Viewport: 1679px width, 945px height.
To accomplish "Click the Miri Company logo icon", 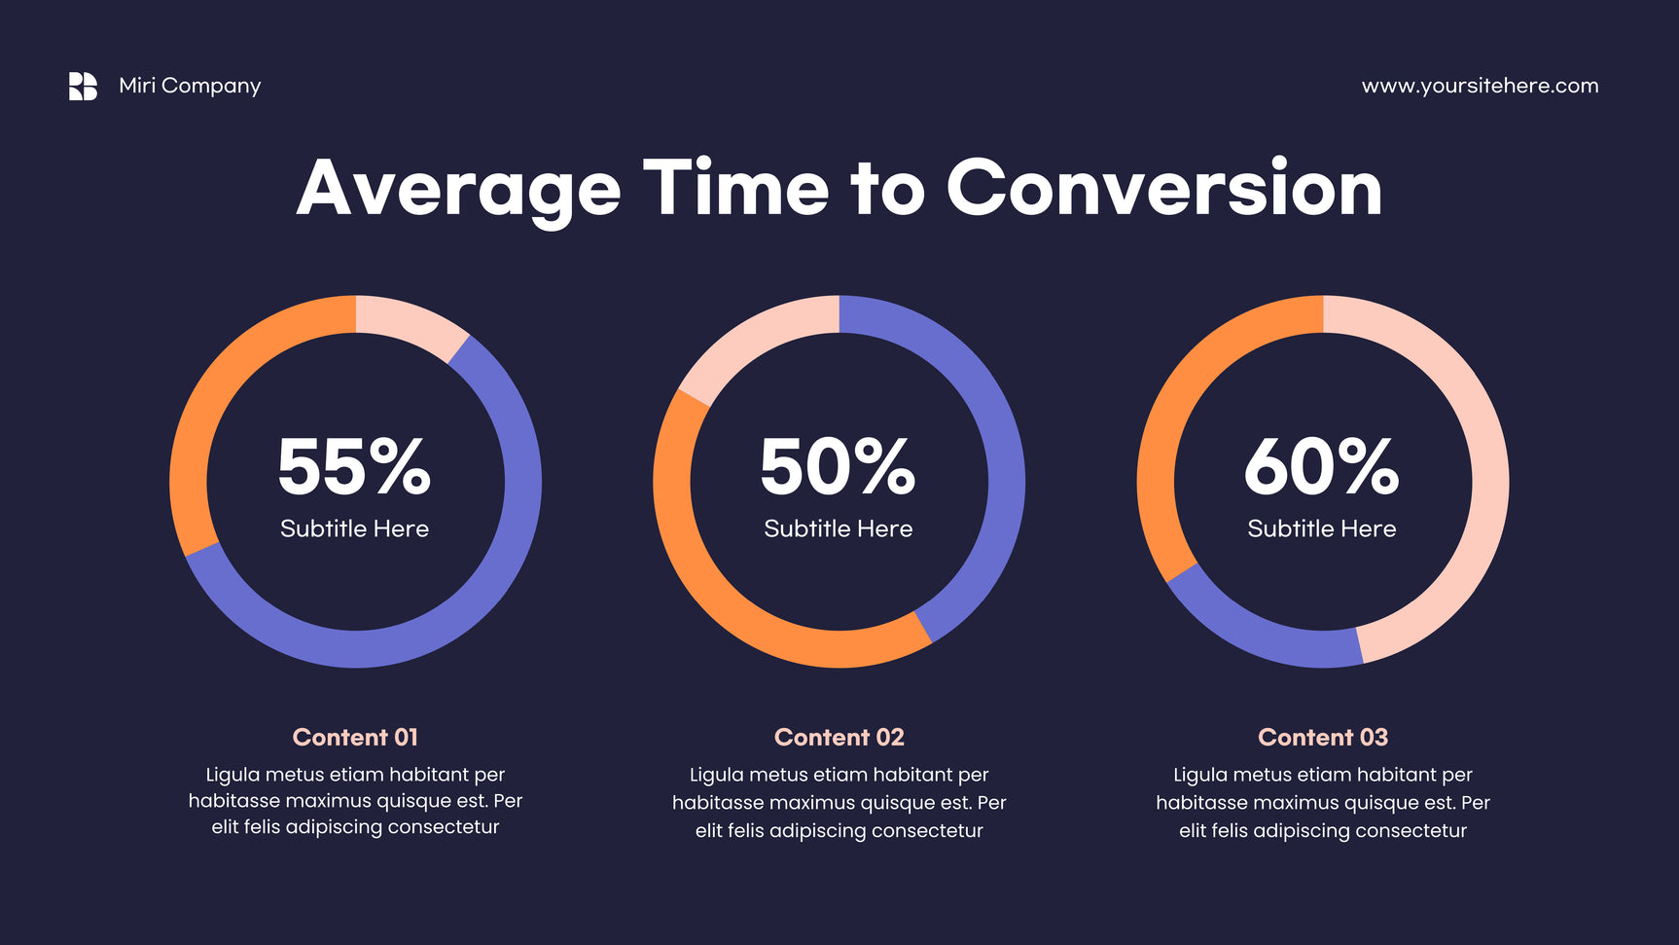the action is point(83,86).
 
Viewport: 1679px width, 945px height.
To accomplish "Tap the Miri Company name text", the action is point(190,86).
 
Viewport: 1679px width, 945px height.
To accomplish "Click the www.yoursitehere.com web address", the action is point(1480,86).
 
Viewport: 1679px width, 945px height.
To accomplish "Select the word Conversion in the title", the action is point(1163,188).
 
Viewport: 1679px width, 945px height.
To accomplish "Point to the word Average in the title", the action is point(458,192).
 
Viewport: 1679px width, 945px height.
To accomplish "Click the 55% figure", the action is point(354,466).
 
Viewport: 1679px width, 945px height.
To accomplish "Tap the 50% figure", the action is point(838,466).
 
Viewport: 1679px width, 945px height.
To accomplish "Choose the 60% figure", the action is point(1321,466).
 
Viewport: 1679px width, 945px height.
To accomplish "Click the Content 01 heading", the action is point(355,737).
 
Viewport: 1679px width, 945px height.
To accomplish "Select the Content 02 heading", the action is point(839,737).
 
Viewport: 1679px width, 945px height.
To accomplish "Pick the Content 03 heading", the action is point(1323,737).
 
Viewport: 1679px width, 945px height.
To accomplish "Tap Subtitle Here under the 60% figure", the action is point(1321,528).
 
